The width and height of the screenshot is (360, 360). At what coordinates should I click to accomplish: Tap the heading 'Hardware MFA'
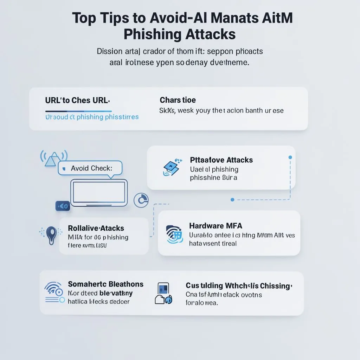click(x=216, y=226)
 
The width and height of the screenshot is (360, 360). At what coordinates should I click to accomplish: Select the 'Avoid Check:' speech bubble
click(x=91, y=168)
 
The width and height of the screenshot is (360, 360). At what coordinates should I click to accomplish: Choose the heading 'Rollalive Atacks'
click(x=96, y=228)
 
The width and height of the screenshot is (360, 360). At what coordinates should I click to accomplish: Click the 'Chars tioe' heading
click(x=178, y=100)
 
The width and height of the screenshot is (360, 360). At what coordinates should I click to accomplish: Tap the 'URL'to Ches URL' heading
click(x=77, y=100)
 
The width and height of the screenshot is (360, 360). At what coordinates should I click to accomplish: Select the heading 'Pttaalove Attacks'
click(x=221, y=160)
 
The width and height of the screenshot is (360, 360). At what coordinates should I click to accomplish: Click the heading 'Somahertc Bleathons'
click(x=105, y=284)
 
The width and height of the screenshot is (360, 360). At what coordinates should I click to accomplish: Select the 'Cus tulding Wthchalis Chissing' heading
click(x=239, y=286)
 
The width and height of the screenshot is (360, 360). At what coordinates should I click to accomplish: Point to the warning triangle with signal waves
click(x=52, y=158)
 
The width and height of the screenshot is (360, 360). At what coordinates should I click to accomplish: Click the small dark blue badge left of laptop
click(x=63, y=206)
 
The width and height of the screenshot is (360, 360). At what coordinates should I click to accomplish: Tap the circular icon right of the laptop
click(x=141, y=200)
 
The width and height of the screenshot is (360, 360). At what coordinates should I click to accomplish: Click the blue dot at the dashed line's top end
click(x=290, y=157)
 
